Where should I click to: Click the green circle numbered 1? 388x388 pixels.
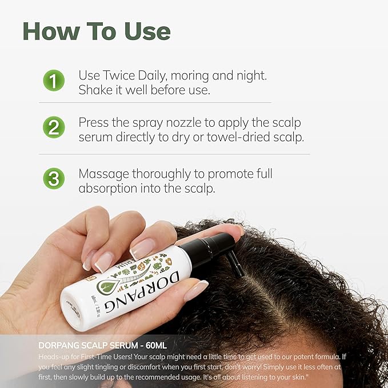tap(54, 81)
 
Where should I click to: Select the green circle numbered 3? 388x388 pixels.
tap(54, 178)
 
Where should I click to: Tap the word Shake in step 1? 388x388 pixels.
tap(95, 90)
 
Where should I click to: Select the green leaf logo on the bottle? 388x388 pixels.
tap(107, 285)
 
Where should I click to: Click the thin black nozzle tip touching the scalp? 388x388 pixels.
tap(235, 266)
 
